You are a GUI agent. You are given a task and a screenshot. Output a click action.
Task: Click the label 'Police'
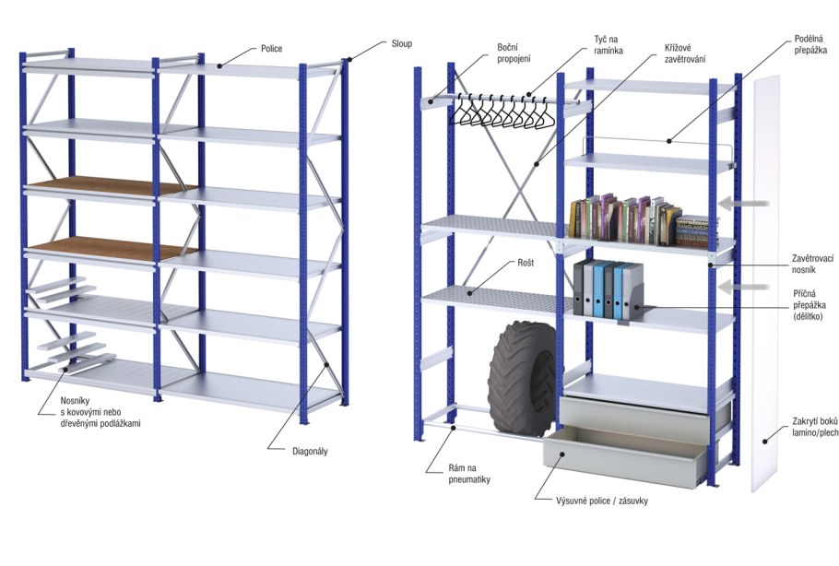[x=271, y=48]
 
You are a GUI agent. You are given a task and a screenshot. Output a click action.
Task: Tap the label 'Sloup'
[x=400, y=43]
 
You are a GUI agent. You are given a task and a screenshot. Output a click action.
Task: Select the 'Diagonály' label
[x=308, y=451]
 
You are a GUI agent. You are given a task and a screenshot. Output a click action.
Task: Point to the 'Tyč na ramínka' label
[x=608, y=45]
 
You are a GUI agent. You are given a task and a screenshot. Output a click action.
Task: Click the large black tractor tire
[x=522, y=377]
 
